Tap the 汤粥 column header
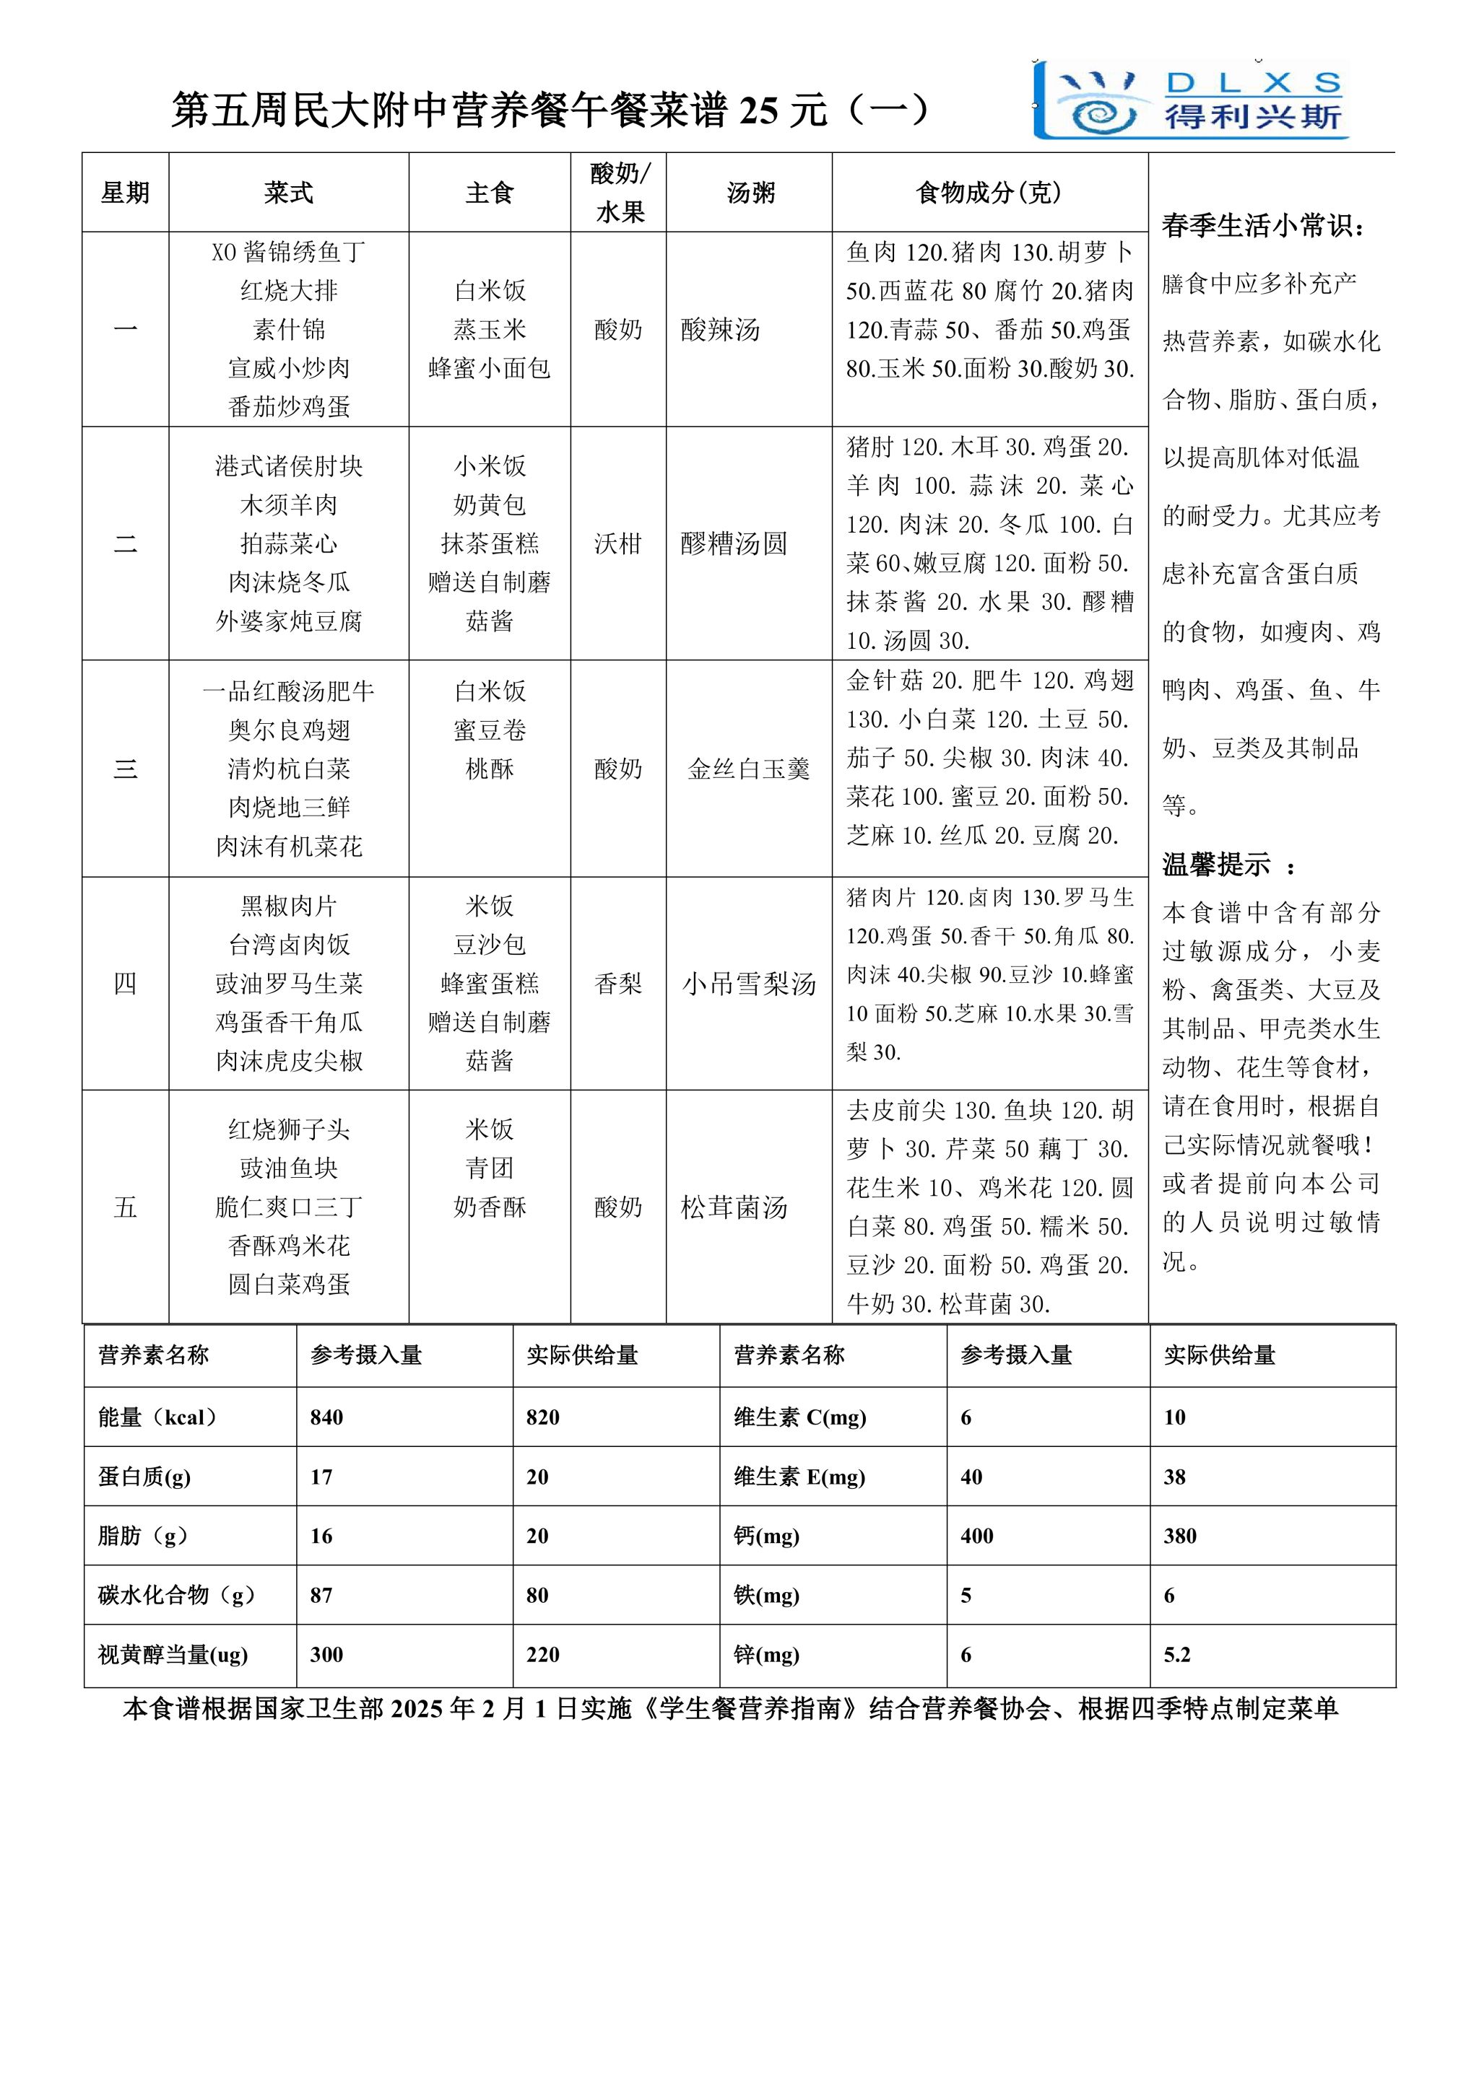tap(750, 193)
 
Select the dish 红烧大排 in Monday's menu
tap(289, 290)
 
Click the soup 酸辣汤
tap(721, 330)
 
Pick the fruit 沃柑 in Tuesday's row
tap(618, 543)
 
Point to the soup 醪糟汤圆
tap(734, 543)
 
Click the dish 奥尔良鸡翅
tap(289, 730)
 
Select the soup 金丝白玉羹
tap(749, 769)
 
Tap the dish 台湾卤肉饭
tap(289, 945)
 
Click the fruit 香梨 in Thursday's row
tap(618, 983)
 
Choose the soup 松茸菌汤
tap(734, 1207)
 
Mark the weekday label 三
tap(126, 769)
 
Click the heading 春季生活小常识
tap(1263, 226)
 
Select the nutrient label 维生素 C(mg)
tap(799, 1417)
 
